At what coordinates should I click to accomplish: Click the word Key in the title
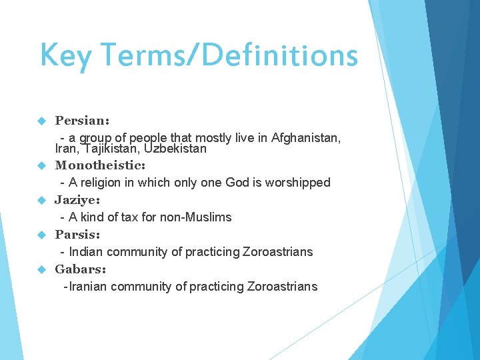[65, 56]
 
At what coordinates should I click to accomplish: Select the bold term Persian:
[82, 121]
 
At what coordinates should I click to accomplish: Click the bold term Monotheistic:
[100, 165]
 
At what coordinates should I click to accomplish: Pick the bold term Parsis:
[77, 234]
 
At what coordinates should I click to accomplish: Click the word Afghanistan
[306, 138]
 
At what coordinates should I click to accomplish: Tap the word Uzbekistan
[175, 149]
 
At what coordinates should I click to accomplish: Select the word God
[238, 182]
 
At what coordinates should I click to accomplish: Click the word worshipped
[297, 182]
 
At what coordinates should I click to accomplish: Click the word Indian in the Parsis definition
[86, 251]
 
